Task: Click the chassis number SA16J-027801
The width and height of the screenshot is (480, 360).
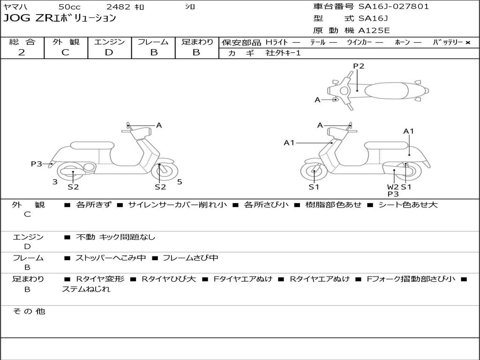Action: pos(394,7)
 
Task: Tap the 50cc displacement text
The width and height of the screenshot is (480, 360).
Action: pos(69,7)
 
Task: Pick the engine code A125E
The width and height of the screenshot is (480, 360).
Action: pos(374,31)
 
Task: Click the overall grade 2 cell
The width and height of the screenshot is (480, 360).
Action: pos(22,52)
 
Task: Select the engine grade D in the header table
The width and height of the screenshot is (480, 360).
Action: pos(109,52)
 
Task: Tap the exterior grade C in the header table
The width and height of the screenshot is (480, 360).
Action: pos(65,52)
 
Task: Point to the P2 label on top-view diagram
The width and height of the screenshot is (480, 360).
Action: pos(359,66)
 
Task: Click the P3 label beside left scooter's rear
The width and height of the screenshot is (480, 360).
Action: pos(37,164)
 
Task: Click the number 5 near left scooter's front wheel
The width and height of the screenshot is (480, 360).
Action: pos(180,182)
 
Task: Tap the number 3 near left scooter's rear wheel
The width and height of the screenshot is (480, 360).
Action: pos(55,182)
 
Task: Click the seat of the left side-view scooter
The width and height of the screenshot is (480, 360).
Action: pos(92,145)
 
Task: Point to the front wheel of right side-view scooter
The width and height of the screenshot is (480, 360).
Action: pos(314,172)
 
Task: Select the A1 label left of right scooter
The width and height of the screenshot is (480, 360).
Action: pos(289,142)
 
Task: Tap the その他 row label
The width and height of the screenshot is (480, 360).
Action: pos(29,311)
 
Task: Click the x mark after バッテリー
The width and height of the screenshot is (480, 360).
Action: pos(468,42)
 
